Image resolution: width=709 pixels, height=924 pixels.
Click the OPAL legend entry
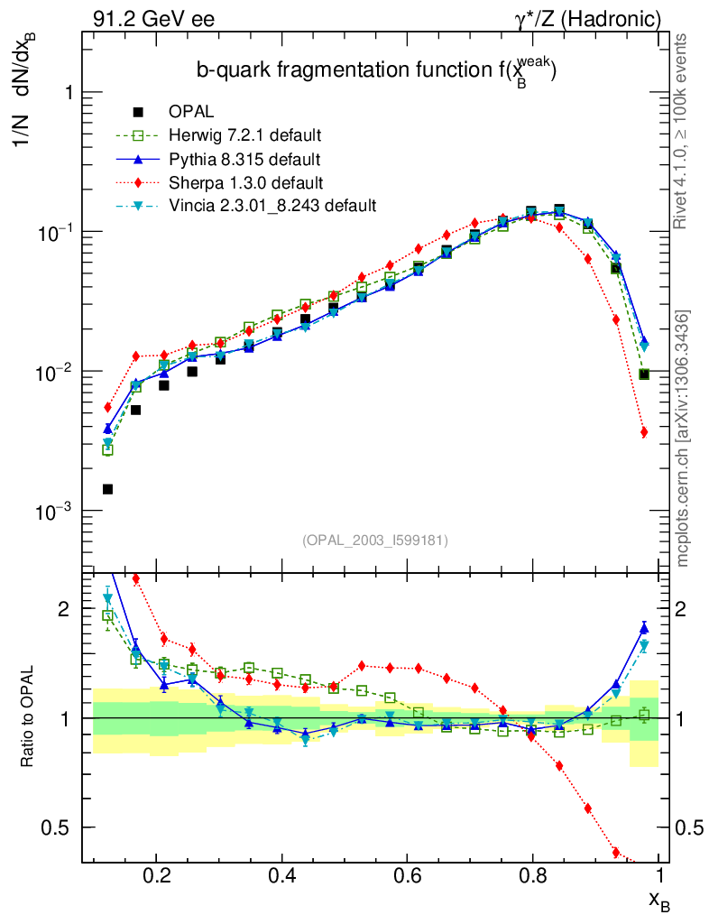pos(190,113)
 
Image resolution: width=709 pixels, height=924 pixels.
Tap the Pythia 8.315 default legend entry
pos(244,160)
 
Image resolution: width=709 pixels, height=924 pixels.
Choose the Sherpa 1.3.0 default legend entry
pos(244,183)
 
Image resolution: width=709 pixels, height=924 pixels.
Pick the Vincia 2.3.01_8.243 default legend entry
pos(272,207)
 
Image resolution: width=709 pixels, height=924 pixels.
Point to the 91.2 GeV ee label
pos(153,18)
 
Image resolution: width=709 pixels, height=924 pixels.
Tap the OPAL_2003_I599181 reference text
pos(375,541)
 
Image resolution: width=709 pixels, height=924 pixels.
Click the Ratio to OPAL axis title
pos(28,717)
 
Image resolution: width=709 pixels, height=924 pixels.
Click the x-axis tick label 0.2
pos(157,874)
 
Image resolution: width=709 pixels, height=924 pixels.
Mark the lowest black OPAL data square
pos(107,489)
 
